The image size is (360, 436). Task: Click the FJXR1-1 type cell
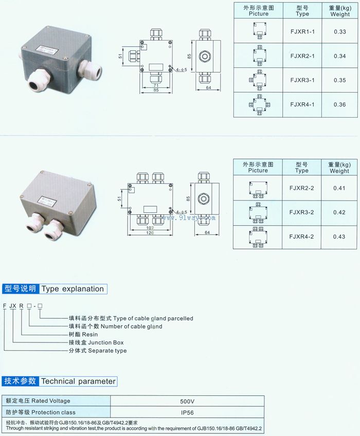click(302, 32)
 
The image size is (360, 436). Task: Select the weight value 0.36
click(339, 104)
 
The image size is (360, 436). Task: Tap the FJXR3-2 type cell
click(302, 212)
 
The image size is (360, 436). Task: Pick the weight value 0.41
click(339, 188)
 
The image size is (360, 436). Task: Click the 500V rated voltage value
click(187, 401)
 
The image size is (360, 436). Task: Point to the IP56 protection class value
click(187, 412)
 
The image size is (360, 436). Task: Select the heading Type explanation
click(73, 289)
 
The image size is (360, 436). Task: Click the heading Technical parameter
click(78, 382)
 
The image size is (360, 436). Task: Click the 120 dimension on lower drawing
click(149, 233)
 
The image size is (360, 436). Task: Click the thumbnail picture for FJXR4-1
click(258, 104)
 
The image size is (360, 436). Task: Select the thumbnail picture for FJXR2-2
click(258, 188)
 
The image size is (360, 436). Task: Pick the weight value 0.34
click(339, 56)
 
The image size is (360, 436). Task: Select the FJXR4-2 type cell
click(302, 237)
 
